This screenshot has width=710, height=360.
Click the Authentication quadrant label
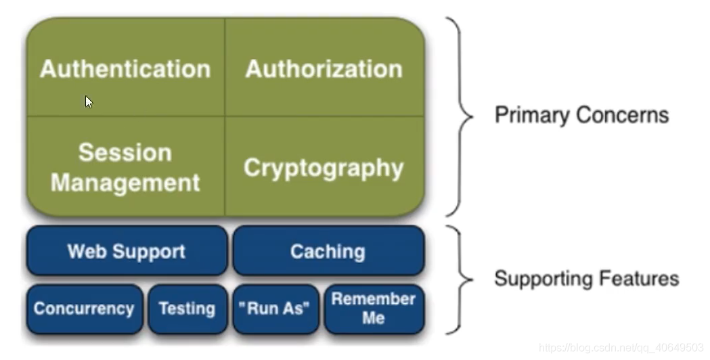125,69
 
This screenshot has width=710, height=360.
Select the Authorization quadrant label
324,69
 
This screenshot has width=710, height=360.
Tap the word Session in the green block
125,153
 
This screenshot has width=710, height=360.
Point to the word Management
125,183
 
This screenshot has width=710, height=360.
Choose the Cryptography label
324,168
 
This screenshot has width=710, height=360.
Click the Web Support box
127,250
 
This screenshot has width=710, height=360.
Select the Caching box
329,250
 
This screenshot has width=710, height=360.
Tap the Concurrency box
84,309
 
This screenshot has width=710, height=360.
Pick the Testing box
187,309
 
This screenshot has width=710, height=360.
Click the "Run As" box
275,309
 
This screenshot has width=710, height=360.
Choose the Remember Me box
374,309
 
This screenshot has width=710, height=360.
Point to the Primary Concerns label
582,115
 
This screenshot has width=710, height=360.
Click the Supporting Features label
587,279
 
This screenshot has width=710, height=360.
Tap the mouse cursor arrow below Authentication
89,102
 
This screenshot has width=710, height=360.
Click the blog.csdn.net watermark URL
621,348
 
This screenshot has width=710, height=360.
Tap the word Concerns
623,115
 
